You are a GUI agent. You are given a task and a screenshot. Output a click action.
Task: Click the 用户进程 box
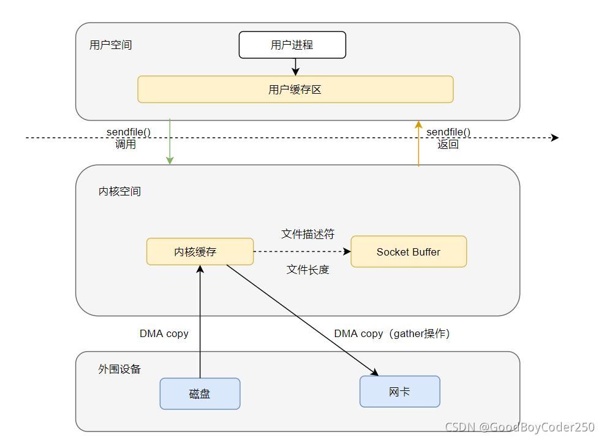pyautogui.click(x=292, y=45)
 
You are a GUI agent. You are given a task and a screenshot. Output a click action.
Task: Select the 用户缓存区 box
pyautogui.click(x=295, y=89)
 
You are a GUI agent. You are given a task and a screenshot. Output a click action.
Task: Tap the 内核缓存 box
pyautogui.click(x=200, y=252)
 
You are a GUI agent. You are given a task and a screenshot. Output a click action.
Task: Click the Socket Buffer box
pyautogui.click(x=409, y=252)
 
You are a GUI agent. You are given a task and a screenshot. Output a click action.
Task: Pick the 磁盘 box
pyautogui.click(x=200, y=393)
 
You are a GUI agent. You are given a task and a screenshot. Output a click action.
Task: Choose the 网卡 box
pyautogui.click(x=399, y=392)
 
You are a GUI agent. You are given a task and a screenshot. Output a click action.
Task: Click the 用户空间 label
pyautogui.click(x=110, y=45)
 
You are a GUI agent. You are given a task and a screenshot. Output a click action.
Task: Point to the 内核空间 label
pyautogui.click(x=119, y=191)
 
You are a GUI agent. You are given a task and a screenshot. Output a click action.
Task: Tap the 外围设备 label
pyautogui.click(x=119, y=369)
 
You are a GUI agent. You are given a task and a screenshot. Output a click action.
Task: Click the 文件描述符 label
pyautogui.click(x=308, y=234)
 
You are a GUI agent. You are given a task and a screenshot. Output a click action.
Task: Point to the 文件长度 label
pyautogui.click(x=308, y=270)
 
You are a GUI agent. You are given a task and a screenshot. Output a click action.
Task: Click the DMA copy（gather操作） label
pyautogui.click(x=392, y=334)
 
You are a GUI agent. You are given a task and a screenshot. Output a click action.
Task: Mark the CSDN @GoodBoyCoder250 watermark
pyautogui.click(x=519, y=428)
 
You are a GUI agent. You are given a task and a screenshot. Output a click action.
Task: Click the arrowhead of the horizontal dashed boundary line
pyautogui.click(x=555, y=138)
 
